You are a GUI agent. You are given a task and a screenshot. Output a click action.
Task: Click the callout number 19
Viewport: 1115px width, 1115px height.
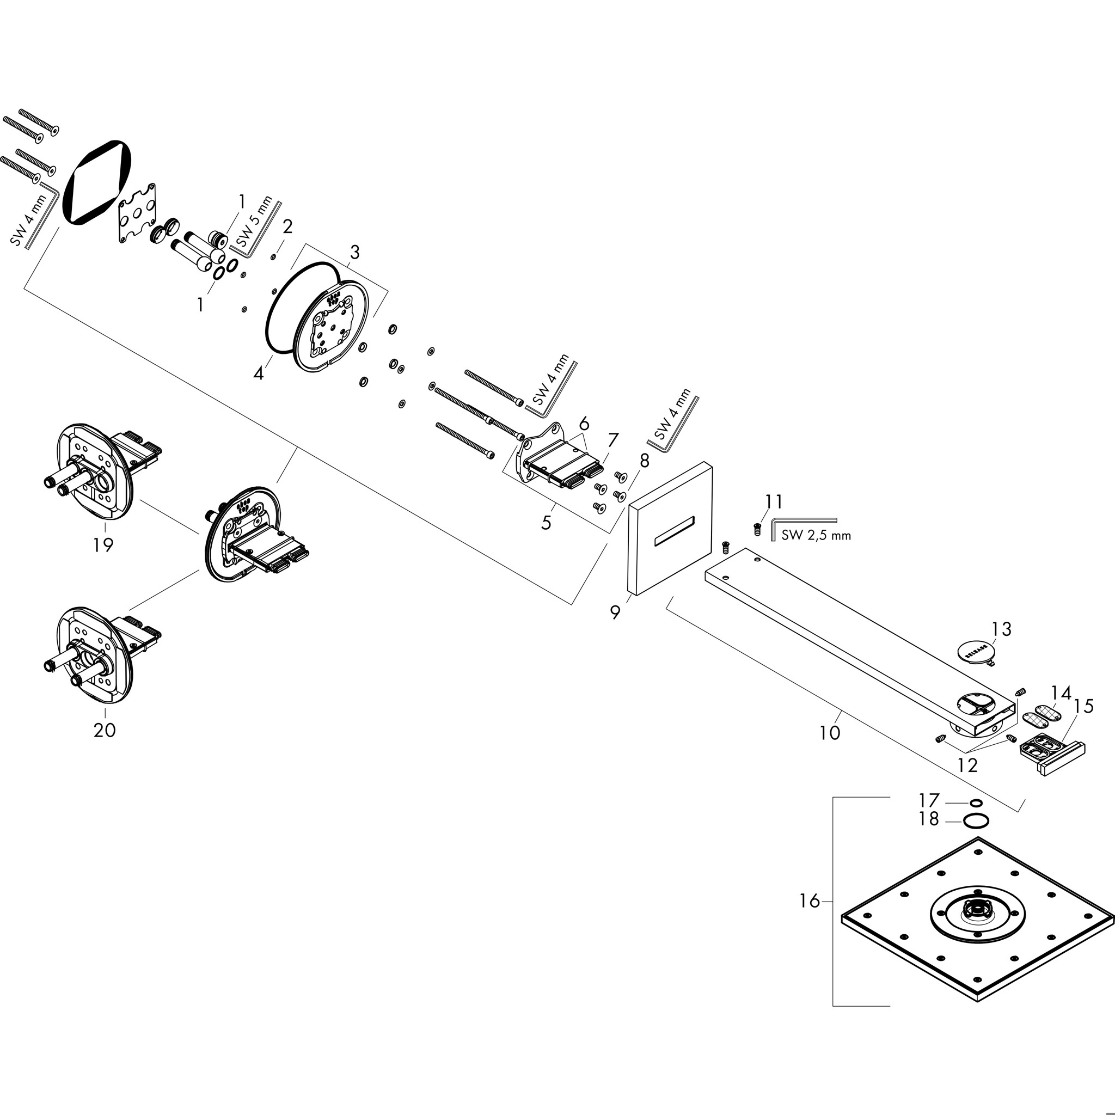103,544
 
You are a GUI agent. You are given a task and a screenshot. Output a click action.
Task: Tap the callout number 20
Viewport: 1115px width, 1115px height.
105,730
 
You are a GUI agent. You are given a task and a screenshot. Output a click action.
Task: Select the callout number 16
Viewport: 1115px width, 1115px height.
810,917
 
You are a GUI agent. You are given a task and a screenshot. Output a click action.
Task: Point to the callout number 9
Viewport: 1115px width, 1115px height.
615,612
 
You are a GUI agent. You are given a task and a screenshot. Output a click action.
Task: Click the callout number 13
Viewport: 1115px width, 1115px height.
1001,628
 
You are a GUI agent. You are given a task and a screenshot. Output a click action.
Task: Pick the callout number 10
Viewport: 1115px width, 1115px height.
829,733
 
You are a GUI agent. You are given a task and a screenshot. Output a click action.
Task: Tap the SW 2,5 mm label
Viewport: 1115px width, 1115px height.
816,535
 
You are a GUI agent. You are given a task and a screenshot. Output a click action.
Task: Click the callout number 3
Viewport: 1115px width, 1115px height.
354,252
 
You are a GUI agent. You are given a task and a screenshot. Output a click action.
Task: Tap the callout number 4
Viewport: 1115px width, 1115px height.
259,373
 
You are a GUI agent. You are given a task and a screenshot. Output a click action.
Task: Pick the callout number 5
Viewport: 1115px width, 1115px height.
546,522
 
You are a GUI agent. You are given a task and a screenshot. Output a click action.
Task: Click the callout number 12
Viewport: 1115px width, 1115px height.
967,765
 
